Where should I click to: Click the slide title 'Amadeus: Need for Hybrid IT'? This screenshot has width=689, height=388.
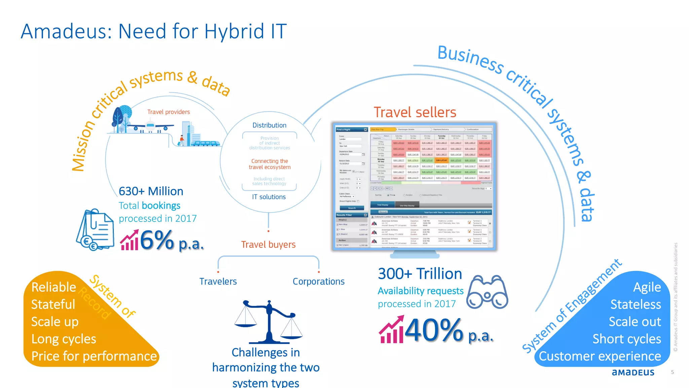tap(153, 31)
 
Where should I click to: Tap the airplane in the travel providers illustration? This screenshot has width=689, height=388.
tap(150, 127)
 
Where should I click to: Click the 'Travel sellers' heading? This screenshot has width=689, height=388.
tap(415, 112)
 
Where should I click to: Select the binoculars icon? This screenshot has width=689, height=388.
tap(487, 292)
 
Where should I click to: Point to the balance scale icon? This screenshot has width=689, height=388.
tap(268, 322)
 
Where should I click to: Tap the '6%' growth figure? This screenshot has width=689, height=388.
tap(157, 240)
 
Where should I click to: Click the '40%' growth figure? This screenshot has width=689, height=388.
tap(434, 330)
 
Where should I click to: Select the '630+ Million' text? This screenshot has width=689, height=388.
tap(151, 191)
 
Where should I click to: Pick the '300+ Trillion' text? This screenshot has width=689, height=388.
tap(420, 273)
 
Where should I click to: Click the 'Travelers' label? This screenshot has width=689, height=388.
tap(218, 281)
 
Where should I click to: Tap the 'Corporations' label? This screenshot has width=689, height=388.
tap(319, 281)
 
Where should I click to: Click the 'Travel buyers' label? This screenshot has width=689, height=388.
tap(268, 245)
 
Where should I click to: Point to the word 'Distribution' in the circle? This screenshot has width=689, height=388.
tap(269, 125)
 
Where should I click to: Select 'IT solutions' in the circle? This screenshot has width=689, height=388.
tap(269, 197)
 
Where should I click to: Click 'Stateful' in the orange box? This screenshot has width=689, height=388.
tap(53, 304)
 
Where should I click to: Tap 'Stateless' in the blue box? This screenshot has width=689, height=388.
tap(636, 304)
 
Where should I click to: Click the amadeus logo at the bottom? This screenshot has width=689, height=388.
tap(633, 372)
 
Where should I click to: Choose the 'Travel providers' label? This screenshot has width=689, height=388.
tap(169, 112)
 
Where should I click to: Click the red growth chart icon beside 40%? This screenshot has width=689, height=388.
tap(391, 330)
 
